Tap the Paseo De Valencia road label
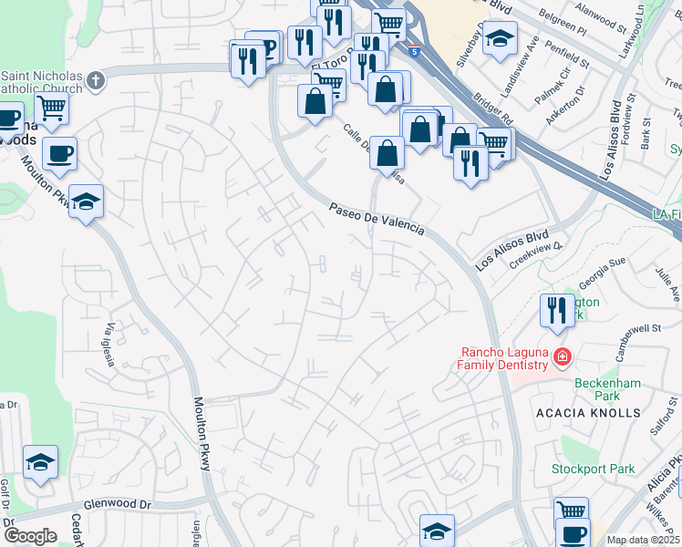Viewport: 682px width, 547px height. (377, 220)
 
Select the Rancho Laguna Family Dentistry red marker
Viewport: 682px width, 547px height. (562, 357)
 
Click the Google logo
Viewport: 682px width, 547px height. (29, 535)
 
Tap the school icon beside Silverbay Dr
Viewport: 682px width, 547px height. (500, 39)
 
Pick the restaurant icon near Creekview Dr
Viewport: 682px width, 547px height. (555, 312)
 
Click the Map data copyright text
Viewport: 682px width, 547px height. (643, 540)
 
